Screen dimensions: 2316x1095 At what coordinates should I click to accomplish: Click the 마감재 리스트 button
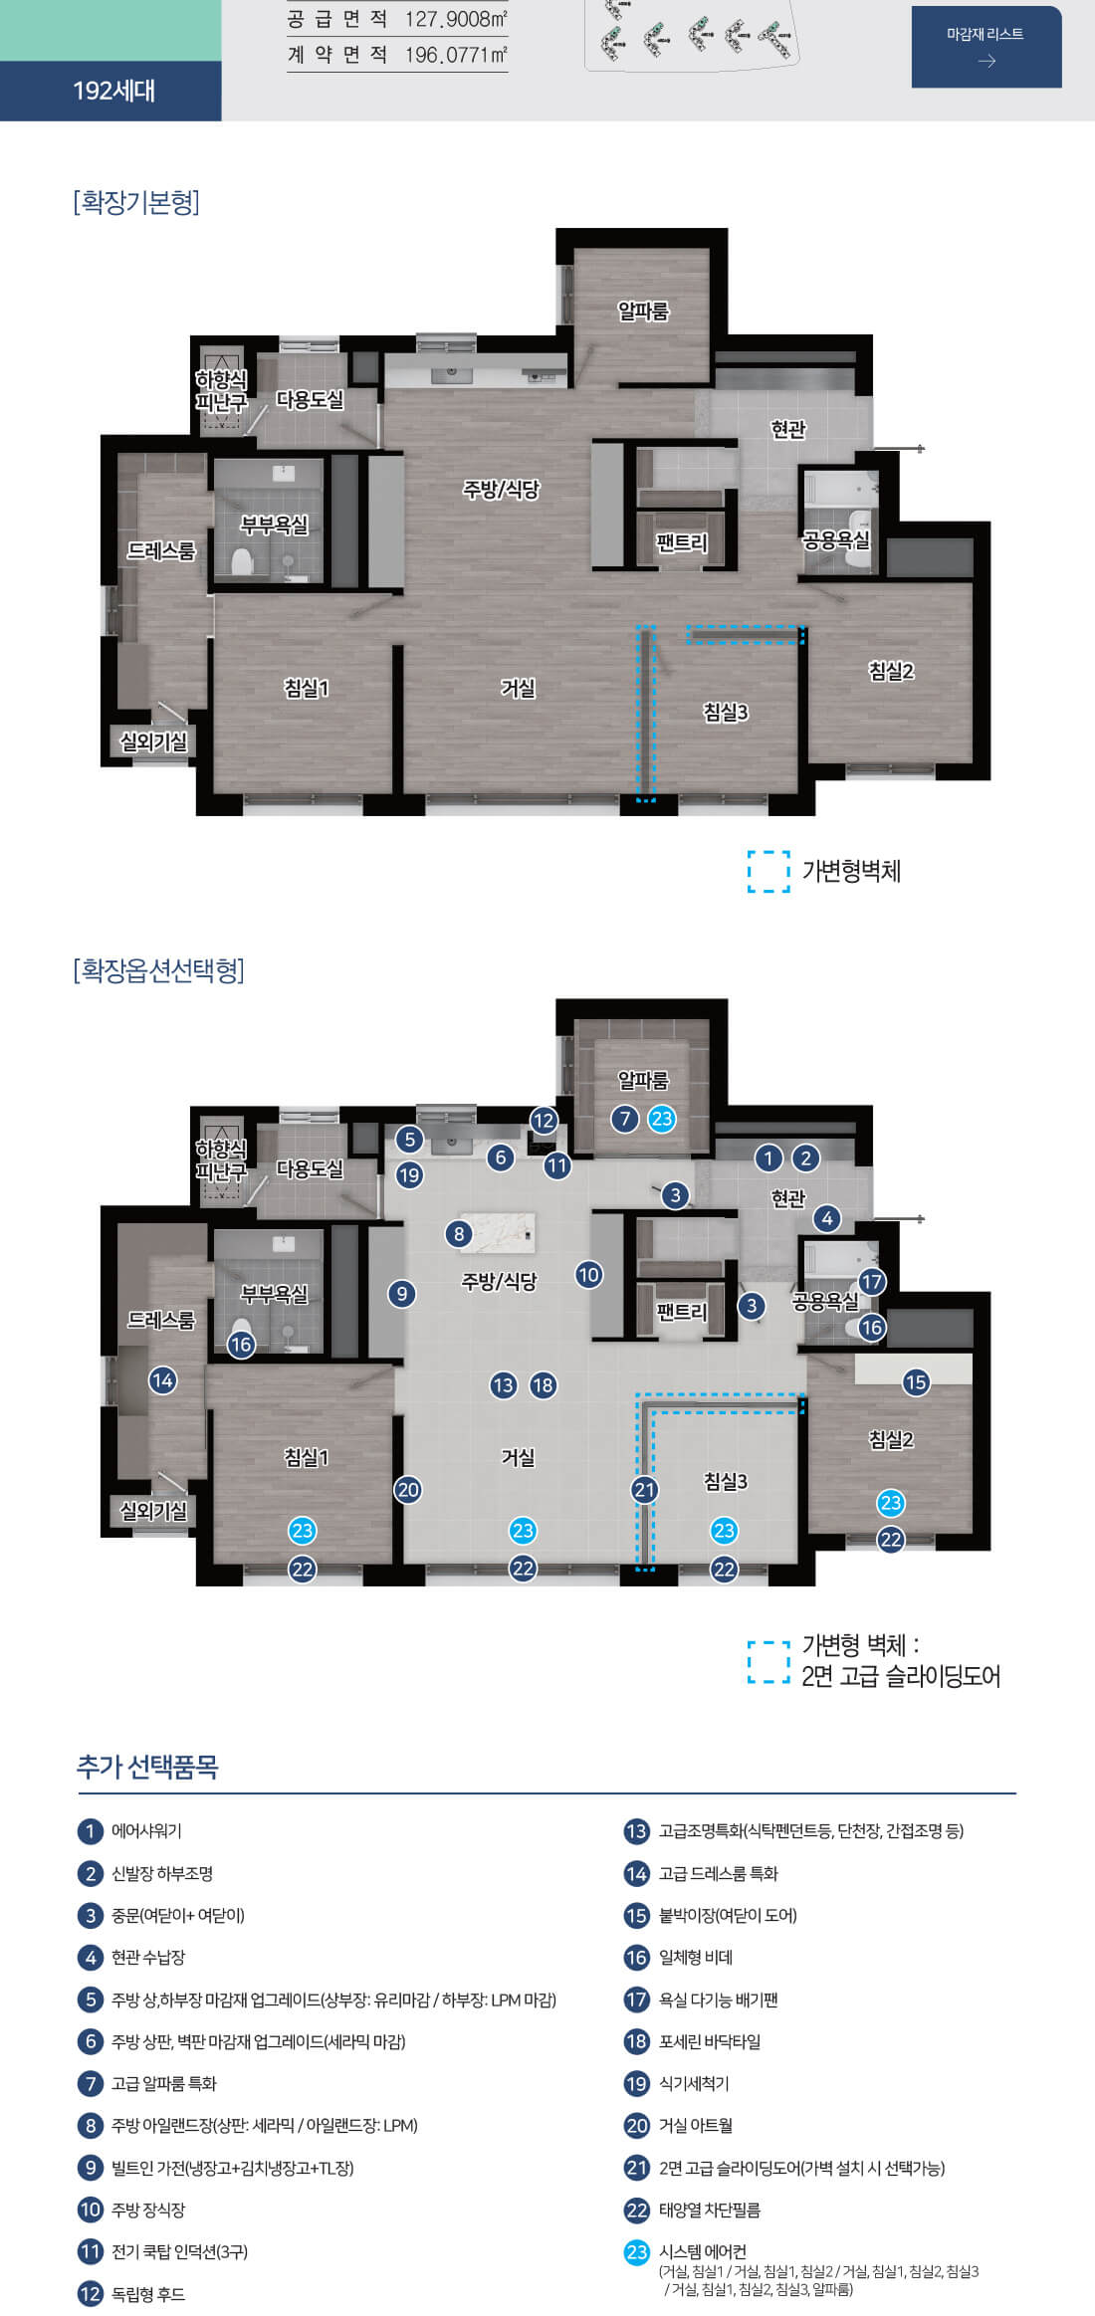point(985,47)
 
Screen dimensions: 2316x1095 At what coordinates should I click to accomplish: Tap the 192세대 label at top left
point(113,91)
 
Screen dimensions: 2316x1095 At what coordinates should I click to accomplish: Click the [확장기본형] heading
point(136,202)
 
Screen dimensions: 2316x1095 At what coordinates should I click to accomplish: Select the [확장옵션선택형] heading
point(159,970)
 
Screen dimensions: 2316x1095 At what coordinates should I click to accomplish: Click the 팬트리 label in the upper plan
point(681,543)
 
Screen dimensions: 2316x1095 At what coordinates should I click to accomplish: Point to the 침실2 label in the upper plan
point(891,672)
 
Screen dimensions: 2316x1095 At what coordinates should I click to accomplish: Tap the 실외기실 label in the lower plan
point(153,1511)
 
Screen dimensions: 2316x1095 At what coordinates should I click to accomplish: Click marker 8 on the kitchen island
point(459,1234)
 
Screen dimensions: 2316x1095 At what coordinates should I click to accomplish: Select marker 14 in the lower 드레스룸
point(162,1380)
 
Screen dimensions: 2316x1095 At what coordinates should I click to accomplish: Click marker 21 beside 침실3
point(645,1490)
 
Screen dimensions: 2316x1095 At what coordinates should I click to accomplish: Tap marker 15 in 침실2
point(916,1382)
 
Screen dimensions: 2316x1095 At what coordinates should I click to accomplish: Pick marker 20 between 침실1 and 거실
point(408,1490)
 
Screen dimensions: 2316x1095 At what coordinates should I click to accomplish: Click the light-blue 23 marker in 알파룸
point(662,1119)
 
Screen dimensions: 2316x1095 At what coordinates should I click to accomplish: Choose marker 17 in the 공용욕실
point(872,1282)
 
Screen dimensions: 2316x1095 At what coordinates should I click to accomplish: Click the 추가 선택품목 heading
point(147,1767)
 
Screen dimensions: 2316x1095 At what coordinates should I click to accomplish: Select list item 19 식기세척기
point(693,2083)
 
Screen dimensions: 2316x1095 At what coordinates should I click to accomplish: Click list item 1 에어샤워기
point(145,1831)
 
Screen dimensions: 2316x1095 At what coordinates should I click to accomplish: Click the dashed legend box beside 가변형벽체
point(768,872)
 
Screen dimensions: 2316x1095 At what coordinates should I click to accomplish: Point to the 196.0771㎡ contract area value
point(456,56)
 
